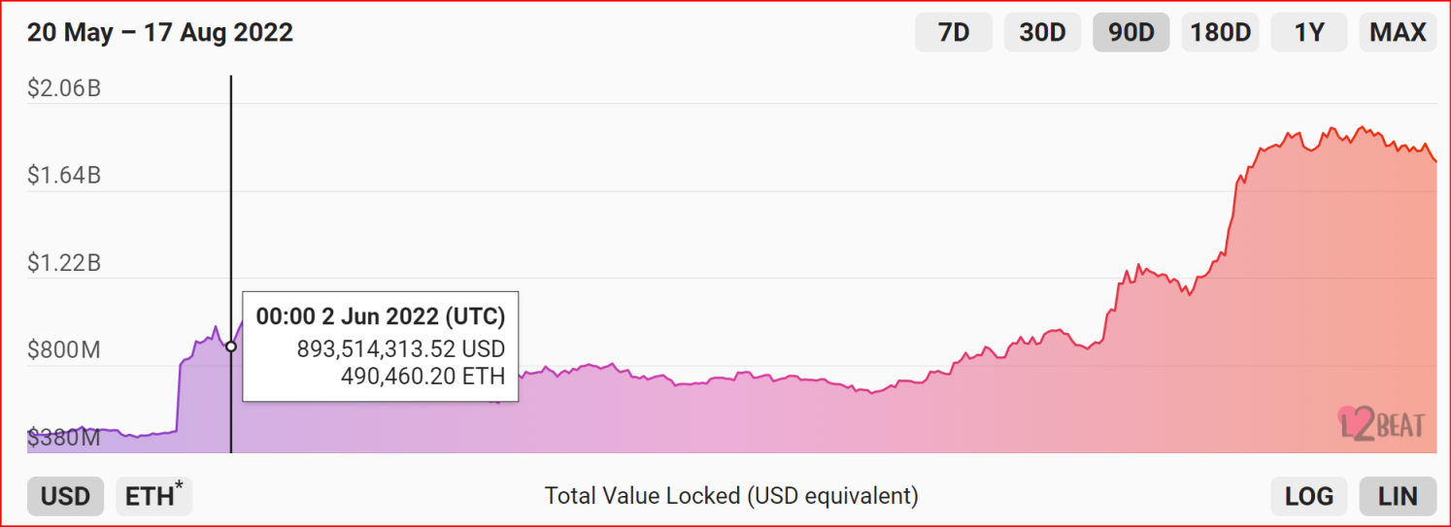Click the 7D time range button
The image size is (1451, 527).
(954, 32)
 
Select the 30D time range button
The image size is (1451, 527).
(1042, 32)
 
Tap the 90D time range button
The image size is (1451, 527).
(1131, 32)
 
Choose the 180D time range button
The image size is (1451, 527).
(1221, 32)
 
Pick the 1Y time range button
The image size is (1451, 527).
(1309, 32)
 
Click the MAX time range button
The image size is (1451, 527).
(1398, 32)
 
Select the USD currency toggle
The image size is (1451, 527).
(65, 497)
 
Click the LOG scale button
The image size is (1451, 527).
(1309, 497)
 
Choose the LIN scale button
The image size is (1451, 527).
(1398, 497)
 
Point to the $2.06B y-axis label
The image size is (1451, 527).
(64, 89)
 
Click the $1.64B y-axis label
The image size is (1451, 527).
(64, 176)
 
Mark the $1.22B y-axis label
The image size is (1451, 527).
(64, 263)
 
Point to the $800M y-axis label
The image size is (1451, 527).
(64, 350)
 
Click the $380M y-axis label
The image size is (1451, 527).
(64, 438)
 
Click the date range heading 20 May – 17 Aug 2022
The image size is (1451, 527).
(160, 32)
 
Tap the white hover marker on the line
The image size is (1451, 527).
(231, 346)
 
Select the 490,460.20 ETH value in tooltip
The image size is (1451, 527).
(422, 376)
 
